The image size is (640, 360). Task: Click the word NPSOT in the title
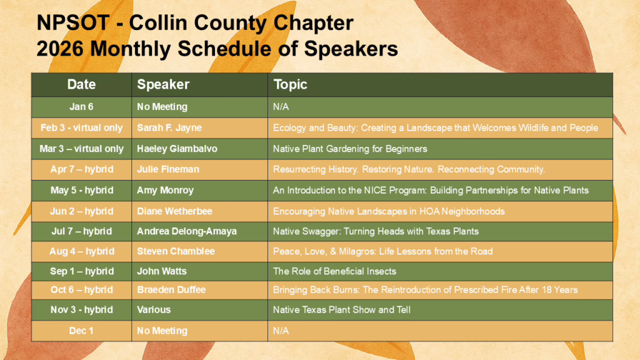click(x=73, y=23)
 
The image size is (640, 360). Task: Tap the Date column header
click(x=81, y=84)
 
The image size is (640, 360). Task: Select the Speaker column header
click(x=163, y=84)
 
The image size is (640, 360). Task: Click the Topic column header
click(x=290, y=84)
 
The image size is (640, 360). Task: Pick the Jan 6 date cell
click(x=81, y=107)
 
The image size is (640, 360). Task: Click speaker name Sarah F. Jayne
click(x=169, y=127)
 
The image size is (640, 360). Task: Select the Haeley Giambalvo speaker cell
click(x=177, y=149)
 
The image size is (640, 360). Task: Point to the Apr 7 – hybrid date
click(x=82, y=169)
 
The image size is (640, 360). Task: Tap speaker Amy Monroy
click(x=165, y=190)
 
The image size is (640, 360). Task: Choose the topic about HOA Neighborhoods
click(x=389, y=211)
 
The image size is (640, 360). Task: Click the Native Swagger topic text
click(x=376, y=231)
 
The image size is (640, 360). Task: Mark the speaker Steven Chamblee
click(x=176, y=251)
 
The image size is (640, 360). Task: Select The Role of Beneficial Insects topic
click(x=335, y=271)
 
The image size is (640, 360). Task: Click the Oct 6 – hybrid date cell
click(x=82, y=290)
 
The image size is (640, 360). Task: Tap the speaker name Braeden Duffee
click(x=171, y=290)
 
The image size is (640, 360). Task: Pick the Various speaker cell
click(x=154, y=310)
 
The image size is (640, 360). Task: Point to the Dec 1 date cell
click(x=81, y=331)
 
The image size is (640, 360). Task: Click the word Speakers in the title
click(x=351, y=49)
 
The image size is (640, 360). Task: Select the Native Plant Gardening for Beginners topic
click(x=350, y=149)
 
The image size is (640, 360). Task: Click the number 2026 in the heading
click(x=60, y=49)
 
